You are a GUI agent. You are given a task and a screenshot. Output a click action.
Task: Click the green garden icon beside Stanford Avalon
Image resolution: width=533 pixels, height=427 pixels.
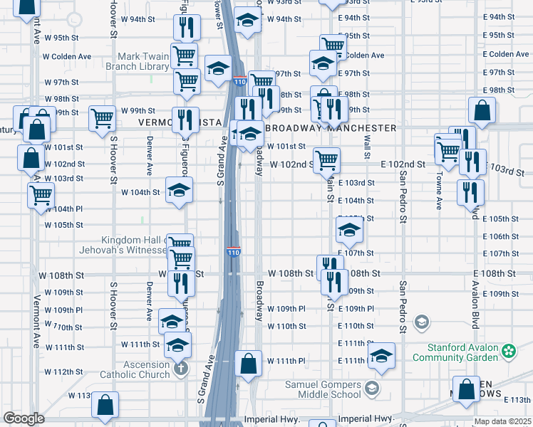pos(508,351)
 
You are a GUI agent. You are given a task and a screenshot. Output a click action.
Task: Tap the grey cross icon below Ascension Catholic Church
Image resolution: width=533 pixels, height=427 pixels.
pos(181,369)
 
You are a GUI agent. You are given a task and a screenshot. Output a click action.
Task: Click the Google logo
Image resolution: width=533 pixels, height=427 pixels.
pos(24,418)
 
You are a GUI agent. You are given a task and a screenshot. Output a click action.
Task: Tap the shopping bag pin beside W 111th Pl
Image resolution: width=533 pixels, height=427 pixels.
pos(248,364)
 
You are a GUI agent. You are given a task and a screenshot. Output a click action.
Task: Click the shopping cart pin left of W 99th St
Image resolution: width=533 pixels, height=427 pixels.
pos(102,117)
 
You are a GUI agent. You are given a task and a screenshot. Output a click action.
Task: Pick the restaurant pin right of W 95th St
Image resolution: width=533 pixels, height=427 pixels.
pos(187,27)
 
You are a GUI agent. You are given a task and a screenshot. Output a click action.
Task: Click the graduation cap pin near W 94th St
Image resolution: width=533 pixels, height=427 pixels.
pos(247,21)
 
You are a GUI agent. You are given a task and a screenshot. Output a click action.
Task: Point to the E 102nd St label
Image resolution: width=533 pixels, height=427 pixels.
pos(403,164)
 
